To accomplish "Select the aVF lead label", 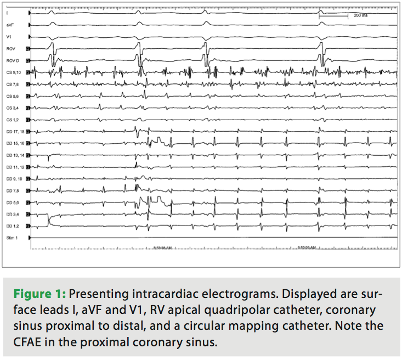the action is pos(10,25).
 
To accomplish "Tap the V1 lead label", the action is pos(9,37).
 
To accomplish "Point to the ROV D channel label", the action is pos(12,60).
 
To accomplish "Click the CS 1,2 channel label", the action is pos(12,120).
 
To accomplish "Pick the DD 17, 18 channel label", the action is pos(15,132).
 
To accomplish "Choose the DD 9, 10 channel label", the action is pos(14,179).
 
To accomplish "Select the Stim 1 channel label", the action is pos(12,238).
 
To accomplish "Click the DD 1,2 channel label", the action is pos(12,226).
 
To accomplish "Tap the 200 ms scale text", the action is pos(360,16).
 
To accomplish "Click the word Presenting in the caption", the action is pos(94,293).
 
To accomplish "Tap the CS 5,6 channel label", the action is pos(12,96).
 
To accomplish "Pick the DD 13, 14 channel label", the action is pos(15,155).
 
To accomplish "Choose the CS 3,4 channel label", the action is pos(12,108).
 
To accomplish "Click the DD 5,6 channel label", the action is pos(12,203).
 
